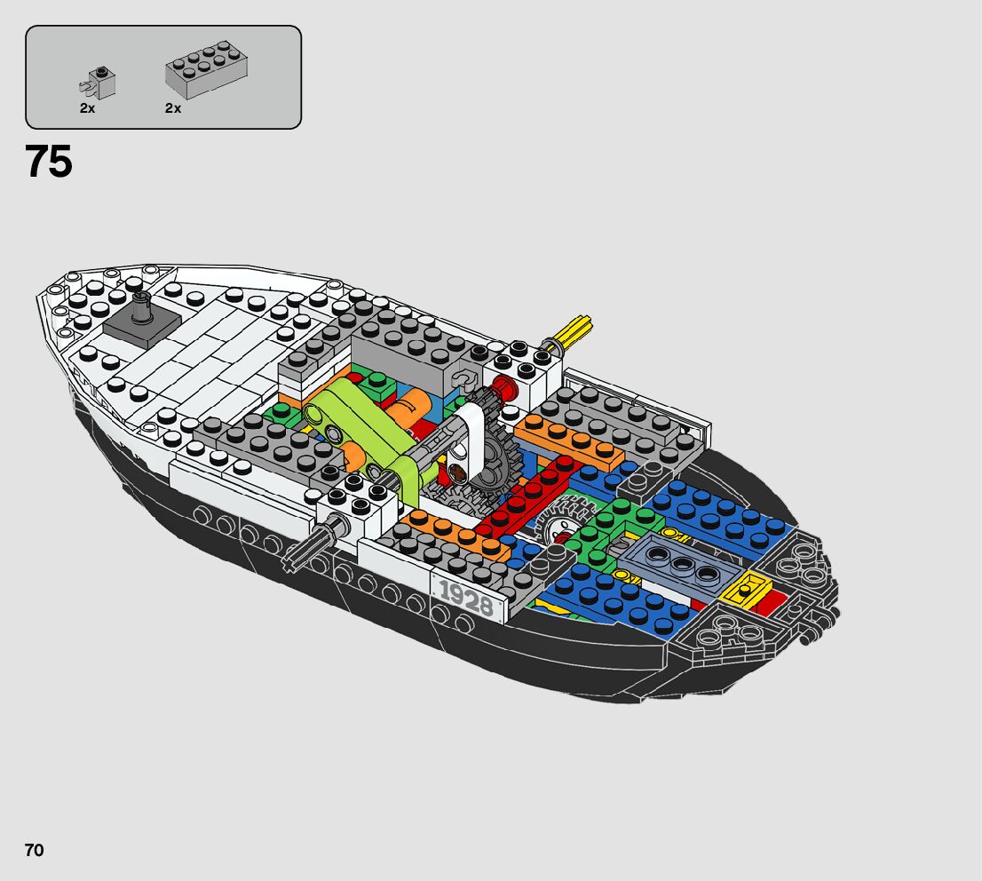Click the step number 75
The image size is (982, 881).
pos(49,162)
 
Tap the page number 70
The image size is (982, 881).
pos(34,850)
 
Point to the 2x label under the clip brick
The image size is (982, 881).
pos(87,108)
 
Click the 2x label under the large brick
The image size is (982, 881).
pos(172,108)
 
